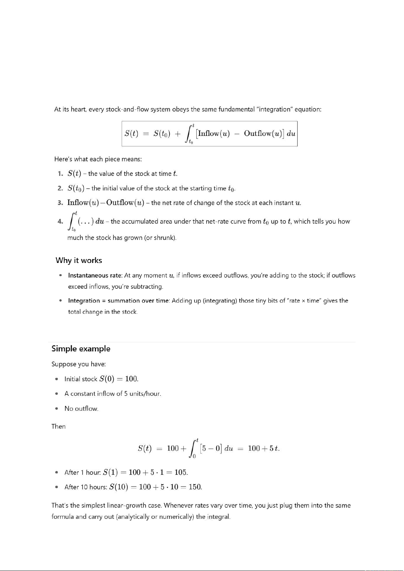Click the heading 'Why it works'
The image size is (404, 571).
79,260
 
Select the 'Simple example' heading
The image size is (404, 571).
81,349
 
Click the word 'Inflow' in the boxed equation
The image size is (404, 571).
208,134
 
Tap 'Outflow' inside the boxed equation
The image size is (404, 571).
257,134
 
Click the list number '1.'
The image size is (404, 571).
60,174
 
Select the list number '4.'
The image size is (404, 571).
60,222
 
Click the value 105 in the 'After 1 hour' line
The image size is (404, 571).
181,472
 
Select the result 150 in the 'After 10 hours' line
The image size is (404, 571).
195,487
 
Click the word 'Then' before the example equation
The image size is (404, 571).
58,426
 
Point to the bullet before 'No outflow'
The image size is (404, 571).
57,409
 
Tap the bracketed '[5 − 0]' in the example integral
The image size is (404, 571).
211,448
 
